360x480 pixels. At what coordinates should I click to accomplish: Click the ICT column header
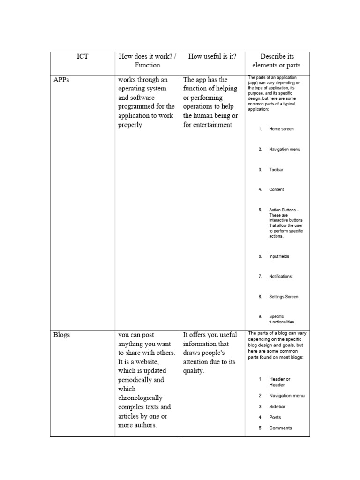pyautogui.click(x=82, y=57)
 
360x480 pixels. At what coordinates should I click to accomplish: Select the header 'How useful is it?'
pyautogui.click(x=212, y=57)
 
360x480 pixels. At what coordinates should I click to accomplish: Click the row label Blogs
pyautogui.click(x=61, y=335)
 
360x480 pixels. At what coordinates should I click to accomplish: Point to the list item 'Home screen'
pyautogui.click(x=281, y=129)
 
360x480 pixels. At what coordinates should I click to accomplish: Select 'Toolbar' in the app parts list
pyautogui.click(x=276, y=170)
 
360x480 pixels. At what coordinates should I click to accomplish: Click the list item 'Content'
pyautogui.click(x=277, y=190)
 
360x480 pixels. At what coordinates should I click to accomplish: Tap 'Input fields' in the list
pyautogui.click(x=279, y=257)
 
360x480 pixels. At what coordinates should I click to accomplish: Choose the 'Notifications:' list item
pyautogui.click(x=281, y=277)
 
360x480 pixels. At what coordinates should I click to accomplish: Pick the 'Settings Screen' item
pyautogui.click(x=284, y=297)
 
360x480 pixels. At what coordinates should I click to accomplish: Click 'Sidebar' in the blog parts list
pyautogui.click(x=277, y=407)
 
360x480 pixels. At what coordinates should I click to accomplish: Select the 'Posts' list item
pyautogui.click(x=275, y=417)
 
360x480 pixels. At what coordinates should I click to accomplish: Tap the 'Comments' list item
pyautogui.click(x=280, y=428)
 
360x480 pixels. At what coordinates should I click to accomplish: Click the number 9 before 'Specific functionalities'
pyautogui.click(x=260, y=317)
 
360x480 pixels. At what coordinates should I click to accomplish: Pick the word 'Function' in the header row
pyautogui.click(x=147, y=66)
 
